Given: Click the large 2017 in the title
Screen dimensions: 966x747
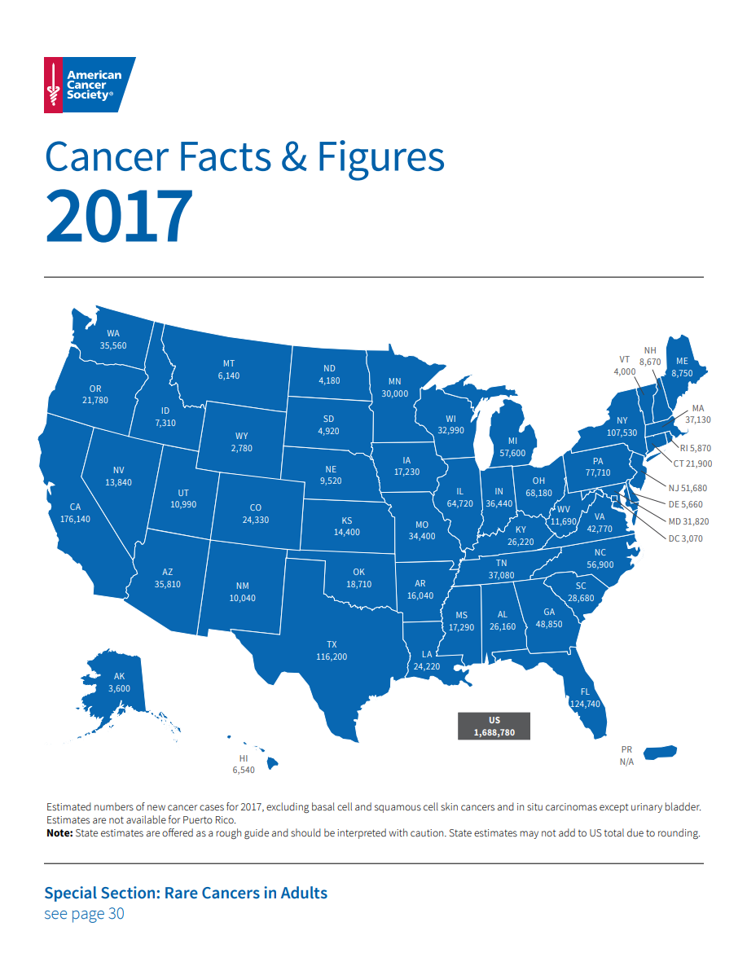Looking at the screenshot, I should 119,216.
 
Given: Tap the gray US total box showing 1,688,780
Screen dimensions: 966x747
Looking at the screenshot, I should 494,726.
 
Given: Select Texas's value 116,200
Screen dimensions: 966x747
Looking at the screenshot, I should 332,656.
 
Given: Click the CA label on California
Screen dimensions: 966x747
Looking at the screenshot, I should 74,507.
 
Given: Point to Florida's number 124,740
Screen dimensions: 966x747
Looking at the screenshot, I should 584,704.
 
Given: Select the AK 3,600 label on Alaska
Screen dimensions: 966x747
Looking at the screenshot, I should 119,683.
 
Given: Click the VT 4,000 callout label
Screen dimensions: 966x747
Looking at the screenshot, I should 625,366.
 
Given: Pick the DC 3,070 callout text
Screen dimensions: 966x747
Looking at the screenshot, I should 685,538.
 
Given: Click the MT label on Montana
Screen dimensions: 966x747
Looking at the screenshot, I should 229,364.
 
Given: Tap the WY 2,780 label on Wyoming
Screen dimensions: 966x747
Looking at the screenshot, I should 242,442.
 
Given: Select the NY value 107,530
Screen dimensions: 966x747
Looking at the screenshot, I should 622,433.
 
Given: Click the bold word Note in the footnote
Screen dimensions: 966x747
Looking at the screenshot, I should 59,833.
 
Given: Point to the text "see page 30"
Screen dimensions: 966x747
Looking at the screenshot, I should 84,913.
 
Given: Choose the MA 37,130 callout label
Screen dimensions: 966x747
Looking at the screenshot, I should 697,414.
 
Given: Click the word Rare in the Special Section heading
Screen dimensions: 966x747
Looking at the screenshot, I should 183,893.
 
